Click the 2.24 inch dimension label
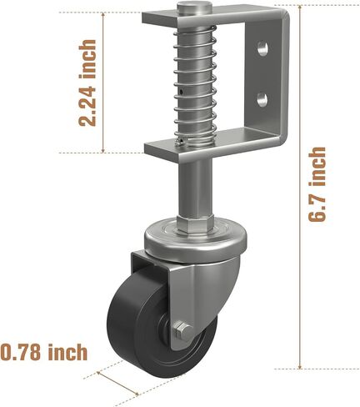pos(87,83)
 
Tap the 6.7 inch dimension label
pos(317,184)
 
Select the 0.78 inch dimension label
pos(43,352)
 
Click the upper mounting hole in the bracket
pos(262,48)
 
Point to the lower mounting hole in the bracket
pos(262,100)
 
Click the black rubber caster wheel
pos(156,331)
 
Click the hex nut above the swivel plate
pos(196,222)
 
